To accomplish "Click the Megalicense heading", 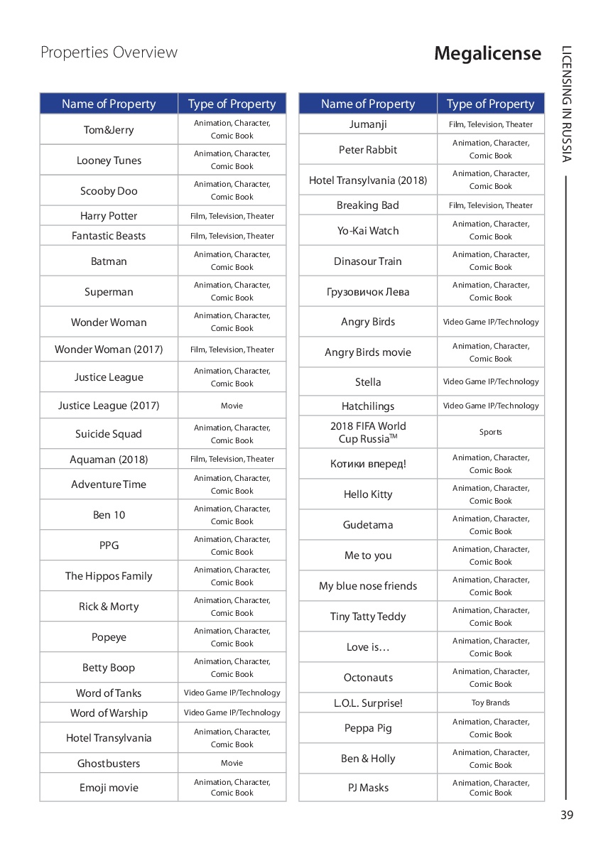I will coord(487,54).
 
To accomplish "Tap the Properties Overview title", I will coord(109,53).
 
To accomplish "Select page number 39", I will coord(566,815).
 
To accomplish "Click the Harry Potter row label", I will coord(109,216).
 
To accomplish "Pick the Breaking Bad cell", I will coord(368,205).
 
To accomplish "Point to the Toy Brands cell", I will coord(490,703).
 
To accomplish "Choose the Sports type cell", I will coord(490,432).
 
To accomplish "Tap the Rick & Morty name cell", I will coord(109,607).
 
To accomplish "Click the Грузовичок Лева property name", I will coord(368,292).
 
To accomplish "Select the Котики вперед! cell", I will coord(368,464).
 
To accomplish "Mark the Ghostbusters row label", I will coord(109,764).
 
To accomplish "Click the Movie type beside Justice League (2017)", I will coord(232,406).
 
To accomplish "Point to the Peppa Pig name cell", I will coord(368,728).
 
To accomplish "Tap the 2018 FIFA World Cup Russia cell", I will coord(368,432).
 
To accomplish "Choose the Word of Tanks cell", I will coord(109,693).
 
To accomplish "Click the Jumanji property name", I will coord(368,124).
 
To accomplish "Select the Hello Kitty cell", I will coord(368,494).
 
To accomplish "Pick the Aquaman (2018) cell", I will coord(109,460).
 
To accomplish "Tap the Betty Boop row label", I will coord(109,668).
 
